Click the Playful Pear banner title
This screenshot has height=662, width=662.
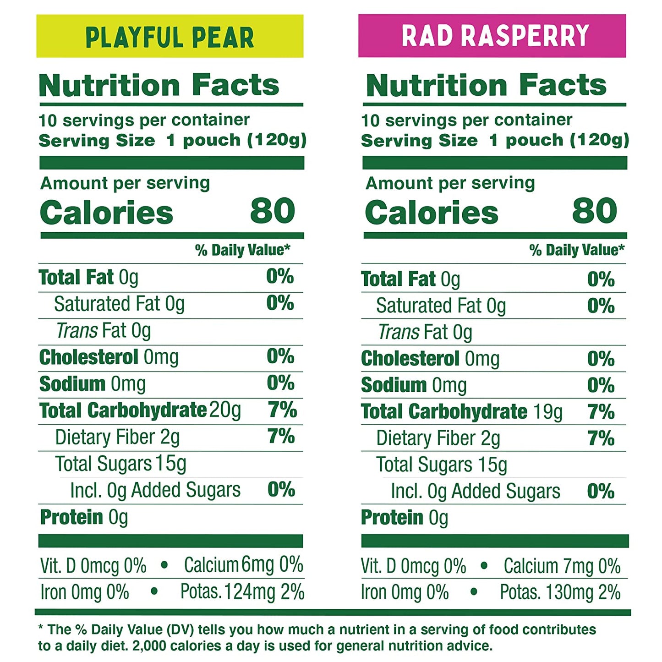(170, 37)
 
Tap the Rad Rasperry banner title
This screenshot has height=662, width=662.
(495, 36)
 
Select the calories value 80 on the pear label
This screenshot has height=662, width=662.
(273, 211)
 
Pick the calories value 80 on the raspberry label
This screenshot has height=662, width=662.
(595, 211)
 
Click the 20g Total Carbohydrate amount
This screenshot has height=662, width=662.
(225, 410)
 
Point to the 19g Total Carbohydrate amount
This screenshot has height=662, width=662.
(548, 412)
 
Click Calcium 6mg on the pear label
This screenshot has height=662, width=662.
(229, 565)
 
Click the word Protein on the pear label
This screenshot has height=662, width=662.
(71, 517)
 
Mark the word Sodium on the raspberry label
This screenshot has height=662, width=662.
(394, 385)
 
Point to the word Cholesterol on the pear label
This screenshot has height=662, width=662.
(88, 357)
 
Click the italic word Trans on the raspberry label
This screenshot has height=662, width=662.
(396, 332)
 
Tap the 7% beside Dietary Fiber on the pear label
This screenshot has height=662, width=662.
(281, 437)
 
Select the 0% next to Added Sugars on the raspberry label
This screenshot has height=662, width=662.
(601, 491)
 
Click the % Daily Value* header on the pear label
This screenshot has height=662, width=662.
(242, 250)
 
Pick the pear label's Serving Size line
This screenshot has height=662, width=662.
(172, 140)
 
